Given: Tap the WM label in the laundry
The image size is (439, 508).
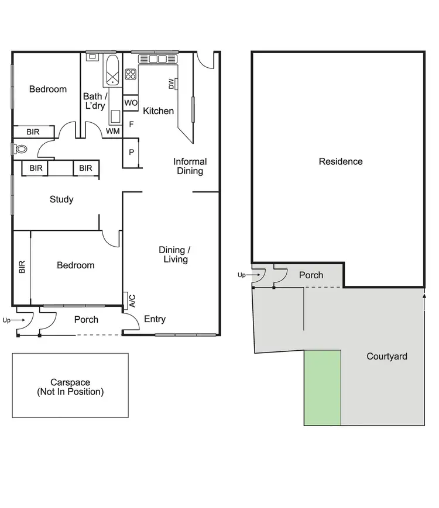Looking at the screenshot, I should pyautogui.click(x=113, y=132).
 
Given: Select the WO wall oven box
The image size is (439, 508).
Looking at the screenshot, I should pyautogui.click(x=131, y=103).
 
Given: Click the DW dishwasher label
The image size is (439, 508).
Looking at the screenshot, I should pyautogui.click(x=172, y=84).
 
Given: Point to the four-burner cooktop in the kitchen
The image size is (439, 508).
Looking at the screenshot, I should pyautogui.click(x=131, y=74).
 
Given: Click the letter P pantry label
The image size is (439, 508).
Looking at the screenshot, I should pyautogui.click(x=131, y=153).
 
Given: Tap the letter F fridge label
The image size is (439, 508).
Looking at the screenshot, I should pyautogui.click(x=131, y=124).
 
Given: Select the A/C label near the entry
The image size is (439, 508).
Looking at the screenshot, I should pyautogui.click(x=132, y=301).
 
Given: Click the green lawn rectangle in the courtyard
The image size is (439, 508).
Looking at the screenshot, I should pyautogui.click(x=322, y=388).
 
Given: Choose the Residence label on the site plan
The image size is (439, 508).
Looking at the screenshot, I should pyautogui.click(x=341, y=161).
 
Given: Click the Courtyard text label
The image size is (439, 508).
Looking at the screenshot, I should pyautogui.click(x=386, y=356).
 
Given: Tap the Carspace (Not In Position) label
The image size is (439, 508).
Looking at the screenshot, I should pyautogui.click(x=70, y=387).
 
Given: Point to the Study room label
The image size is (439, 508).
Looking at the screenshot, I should pyautogui.click(x=61, y=199).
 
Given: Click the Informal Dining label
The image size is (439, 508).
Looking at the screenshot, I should pyautogui.click(x=190, y=167).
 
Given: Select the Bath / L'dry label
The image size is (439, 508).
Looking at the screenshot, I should pyautogui.click(x=95, y=101).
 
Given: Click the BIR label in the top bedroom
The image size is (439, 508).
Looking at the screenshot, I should pyautogui.click(x=33, y=133).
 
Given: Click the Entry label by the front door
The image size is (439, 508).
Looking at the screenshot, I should pyautogui.click(x=155, y=319).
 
